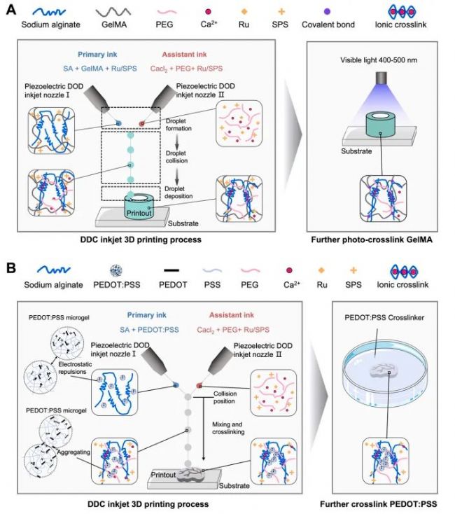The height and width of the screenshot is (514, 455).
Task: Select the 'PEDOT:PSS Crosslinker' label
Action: pos(374,327)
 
